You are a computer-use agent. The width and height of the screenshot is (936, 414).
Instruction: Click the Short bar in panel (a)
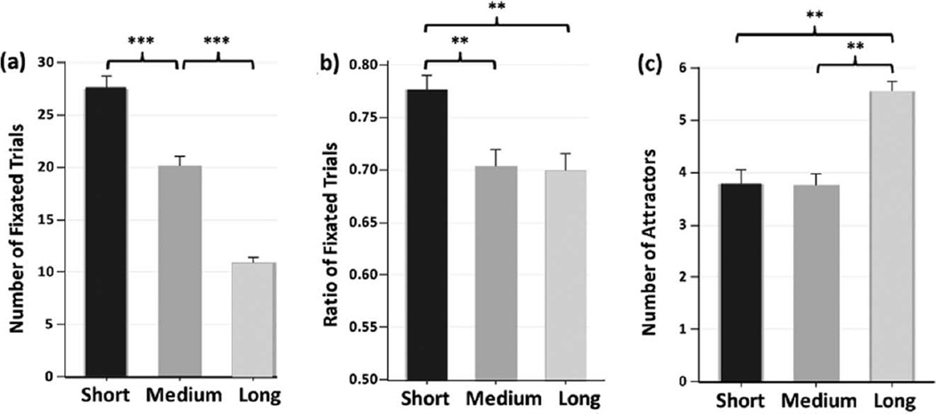click(x=106, y=232)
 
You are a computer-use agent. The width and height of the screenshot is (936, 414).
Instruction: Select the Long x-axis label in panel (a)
click(x=255, y=394)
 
